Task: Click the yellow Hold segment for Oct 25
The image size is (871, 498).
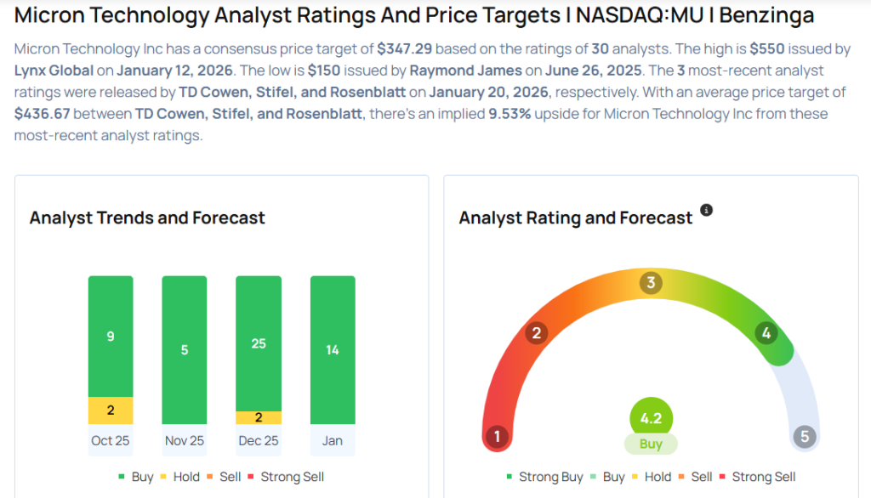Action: click(x=111, y=410)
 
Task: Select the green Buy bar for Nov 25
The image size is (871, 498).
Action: click(x=185, y=349)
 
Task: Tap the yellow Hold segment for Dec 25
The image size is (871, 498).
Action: click(x=259, y=417)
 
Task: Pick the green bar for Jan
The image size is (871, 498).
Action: click(x=333, y=349)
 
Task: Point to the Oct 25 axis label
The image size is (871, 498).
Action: click(x=111, y=440)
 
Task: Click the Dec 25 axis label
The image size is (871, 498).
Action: click(x=259, y=440)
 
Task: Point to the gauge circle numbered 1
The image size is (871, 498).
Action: click(x=497, y=438)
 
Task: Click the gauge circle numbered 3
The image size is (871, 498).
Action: click(x=651, y=283)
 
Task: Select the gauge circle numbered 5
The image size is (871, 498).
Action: click(x=804, y=438)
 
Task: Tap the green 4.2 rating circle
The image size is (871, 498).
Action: click(x=651, y=418)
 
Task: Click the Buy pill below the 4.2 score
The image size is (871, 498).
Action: click(x=651, y=444)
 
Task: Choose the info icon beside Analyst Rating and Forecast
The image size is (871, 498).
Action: click(x=706, y=210)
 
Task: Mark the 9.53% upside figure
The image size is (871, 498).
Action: click(x=510, y=114)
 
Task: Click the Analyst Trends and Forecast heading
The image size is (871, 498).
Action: click(x=147, y=218)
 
